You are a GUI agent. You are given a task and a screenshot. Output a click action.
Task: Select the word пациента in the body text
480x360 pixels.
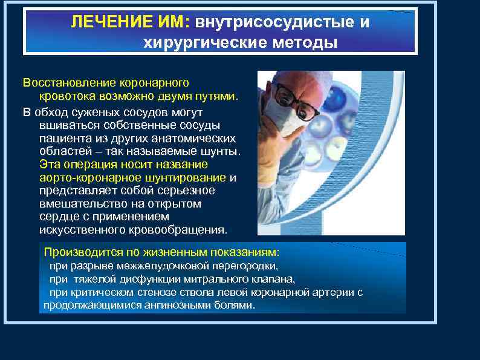click(64, 137)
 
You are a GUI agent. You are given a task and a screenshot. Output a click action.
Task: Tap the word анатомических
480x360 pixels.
click(184, 137)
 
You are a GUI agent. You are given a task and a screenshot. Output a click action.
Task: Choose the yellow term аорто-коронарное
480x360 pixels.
click(80, 177)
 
